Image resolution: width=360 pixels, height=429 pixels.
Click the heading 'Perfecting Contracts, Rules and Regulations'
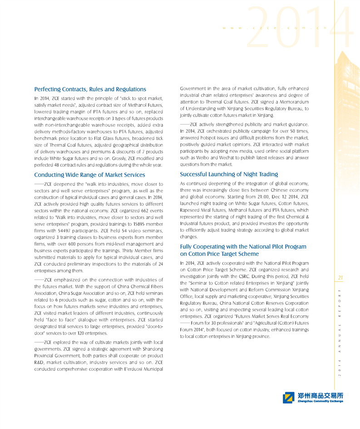pyautogui.click(x=90, y=89)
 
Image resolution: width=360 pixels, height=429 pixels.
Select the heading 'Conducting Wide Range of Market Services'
pyautogui.click(x=90, y=175)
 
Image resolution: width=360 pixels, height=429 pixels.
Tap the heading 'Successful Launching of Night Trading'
pyautogui.click(x=229, y=174)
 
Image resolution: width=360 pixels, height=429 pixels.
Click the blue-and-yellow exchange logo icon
pyautogui.click(x=289, y=398)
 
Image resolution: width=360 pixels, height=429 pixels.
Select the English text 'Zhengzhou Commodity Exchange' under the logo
pyautogui.click(x=321, y=402)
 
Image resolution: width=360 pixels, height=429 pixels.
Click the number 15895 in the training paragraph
pyautogui.click(x=133, y=224)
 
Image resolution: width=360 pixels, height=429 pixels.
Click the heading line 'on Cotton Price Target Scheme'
pyautogui.click(x=220, y=254)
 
